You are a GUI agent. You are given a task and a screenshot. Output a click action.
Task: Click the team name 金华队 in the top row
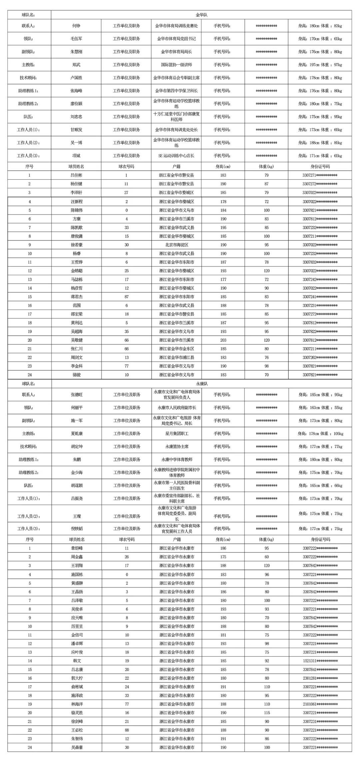[201, 15]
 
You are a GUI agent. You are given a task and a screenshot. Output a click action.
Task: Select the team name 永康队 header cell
[202, 383]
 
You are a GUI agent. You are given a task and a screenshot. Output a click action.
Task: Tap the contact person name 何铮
[76, 26]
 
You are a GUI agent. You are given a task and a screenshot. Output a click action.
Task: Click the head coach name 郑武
[76, 65]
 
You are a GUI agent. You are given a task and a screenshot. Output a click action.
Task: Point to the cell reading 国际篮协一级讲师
[176, 65]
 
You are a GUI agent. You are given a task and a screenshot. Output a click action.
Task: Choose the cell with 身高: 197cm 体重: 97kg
[320, 65]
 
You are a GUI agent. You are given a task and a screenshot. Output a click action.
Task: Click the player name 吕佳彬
[76, 175]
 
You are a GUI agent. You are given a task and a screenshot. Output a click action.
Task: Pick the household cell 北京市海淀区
[176, 245]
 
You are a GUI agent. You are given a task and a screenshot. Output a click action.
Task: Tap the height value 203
[223, 340]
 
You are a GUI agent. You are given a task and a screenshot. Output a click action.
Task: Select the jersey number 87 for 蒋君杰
[126, 297]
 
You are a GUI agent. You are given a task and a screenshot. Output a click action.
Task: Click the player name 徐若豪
[76, 245]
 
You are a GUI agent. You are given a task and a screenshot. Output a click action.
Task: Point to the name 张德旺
[77, 394]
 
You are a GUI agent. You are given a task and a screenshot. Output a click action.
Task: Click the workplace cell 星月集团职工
[177, 433]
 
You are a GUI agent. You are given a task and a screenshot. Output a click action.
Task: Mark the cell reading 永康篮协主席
[177, 446]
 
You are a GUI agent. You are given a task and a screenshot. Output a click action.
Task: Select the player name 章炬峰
[77, 548]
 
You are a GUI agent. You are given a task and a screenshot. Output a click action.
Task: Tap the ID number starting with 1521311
[320, 661]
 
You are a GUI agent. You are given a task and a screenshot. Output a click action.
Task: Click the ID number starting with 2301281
[320, 678]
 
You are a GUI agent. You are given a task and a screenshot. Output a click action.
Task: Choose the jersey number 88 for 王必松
[127, 730]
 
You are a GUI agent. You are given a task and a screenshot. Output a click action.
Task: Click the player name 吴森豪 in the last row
[77, 747]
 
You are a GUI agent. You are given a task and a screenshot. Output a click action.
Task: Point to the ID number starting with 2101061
[320, 704]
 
